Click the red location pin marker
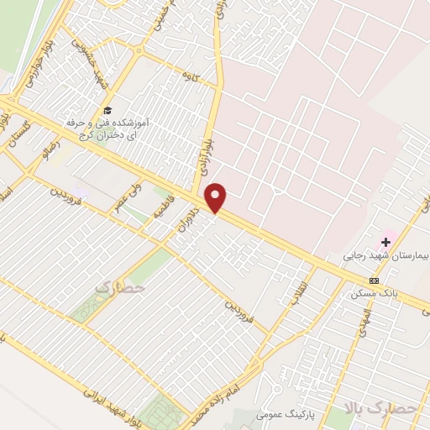217,197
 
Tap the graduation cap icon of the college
107,110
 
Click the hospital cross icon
385,242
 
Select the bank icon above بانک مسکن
374,281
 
